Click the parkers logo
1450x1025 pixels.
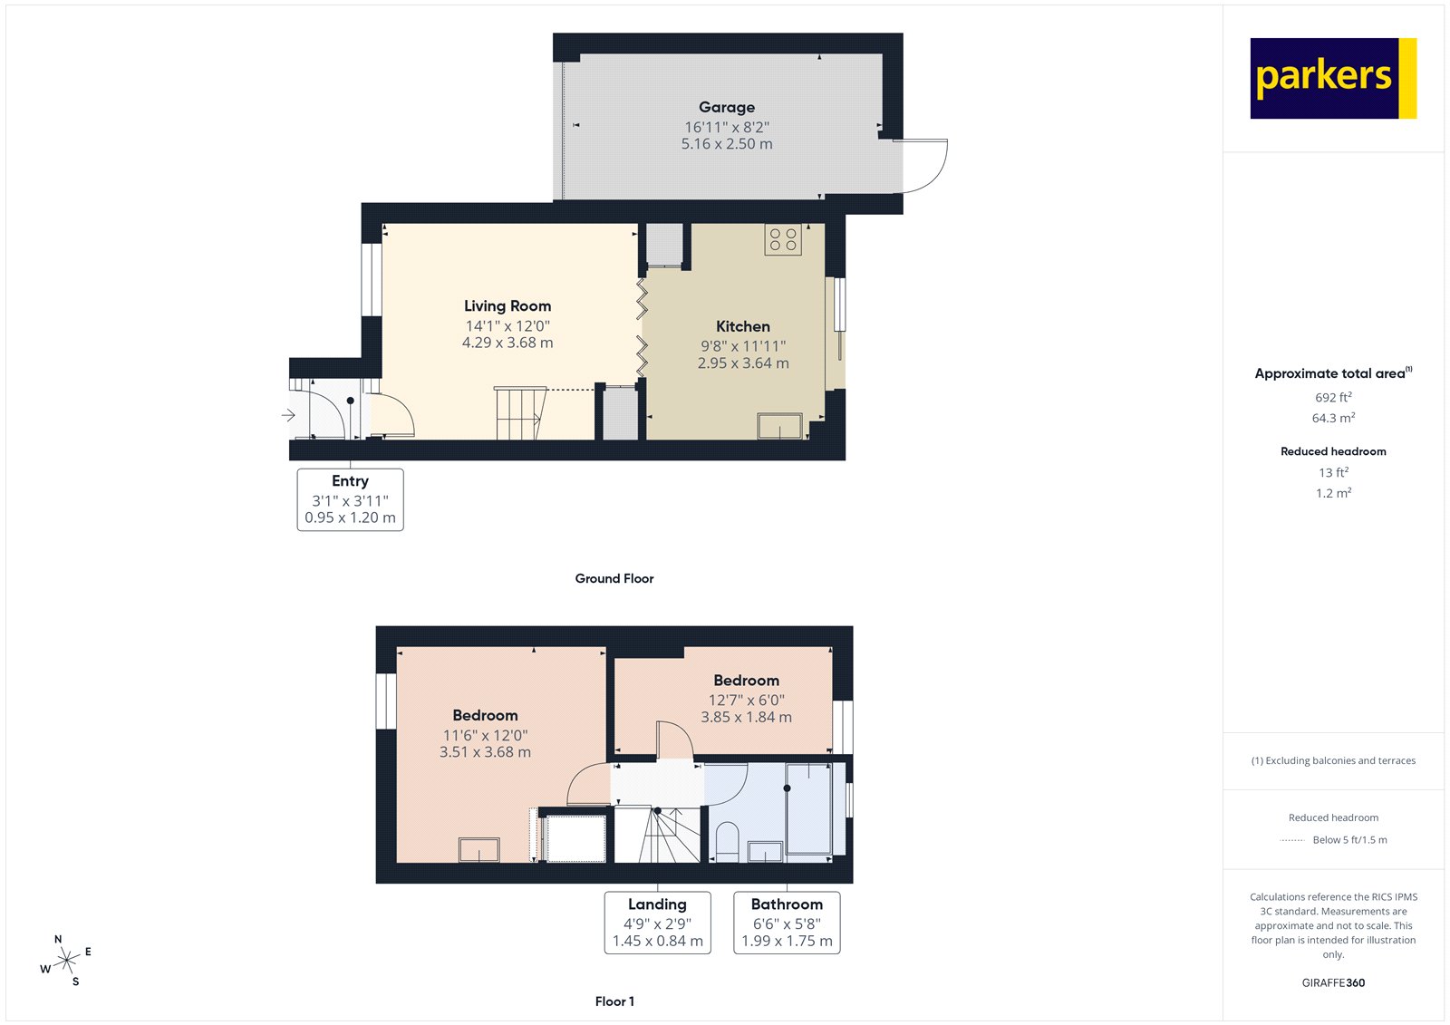1332,78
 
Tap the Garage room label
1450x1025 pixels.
726,107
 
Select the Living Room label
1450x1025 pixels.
507,306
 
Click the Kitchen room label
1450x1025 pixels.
742,326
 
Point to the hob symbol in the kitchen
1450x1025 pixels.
783,239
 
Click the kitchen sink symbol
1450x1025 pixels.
779,426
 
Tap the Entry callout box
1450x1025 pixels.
350,498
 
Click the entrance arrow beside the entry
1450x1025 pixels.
288,415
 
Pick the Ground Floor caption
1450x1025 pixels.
614,578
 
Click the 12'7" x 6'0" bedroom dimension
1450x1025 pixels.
746,700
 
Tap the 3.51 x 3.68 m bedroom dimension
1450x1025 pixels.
485,752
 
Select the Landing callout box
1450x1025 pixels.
657,923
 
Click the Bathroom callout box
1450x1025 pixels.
787,923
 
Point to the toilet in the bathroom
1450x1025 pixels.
727,841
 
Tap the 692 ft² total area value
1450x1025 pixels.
1333,397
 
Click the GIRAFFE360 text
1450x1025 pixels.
1333,982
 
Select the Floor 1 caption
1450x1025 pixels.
614,1001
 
